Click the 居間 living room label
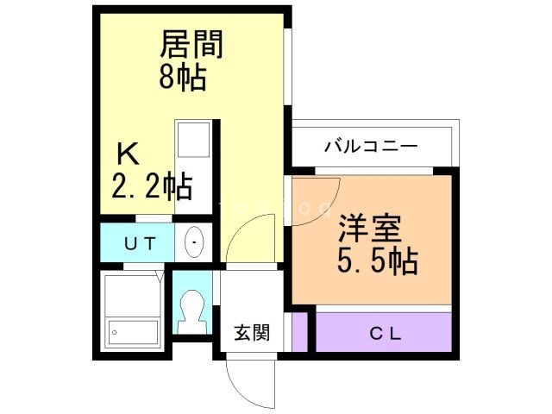(191, 44)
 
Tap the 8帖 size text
(182, 78)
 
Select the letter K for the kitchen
(128, 155)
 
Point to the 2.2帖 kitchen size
(151, 185)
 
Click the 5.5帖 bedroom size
(377, 260)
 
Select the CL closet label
(385, 333)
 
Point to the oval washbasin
(194, 241)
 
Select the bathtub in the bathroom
(134, 330)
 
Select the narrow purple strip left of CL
(299, 332)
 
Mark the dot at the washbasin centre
(194, 242)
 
